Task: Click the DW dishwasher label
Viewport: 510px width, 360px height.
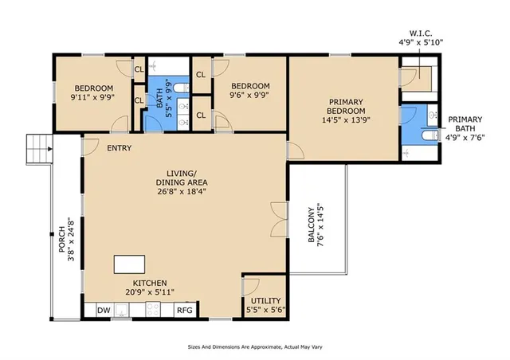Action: [104, 311]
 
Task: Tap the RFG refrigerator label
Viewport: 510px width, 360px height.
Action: [185, 311]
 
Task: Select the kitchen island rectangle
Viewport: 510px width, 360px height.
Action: [129, 264]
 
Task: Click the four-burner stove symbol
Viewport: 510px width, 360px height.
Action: [153, 309]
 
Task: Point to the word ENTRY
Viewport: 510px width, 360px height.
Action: [120, 148]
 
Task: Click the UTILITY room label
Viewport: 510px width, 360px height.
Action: [265, 300]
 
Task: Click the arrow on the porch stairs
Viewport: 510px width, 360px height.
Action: [49, 149]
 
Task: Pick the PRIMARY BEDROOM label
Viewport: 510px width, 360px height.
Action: [346, 107]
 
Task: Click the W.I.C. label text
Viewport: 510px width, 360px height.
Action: [421, 33]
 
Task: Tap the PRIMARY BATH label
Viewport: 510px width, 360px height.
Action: [465, 124]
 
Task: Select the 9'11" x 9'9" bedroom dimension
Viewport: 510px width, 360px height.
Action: [92, 97]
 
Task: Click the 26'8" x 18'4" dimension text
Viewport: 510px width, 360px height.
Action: [182, 191]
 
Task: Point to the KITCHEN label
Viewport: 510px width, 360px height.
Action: [150, 283]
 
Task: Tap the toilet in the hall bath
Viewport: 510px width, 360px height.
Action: [181, 88]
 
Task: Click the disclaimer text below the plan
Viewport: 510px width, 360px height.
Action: [255, 347]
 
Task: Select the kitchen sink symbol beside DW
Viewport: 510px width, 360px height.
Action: [122, 310]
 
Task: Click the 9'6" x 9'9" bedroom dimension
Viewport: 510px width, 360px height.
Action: [249, 95]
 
